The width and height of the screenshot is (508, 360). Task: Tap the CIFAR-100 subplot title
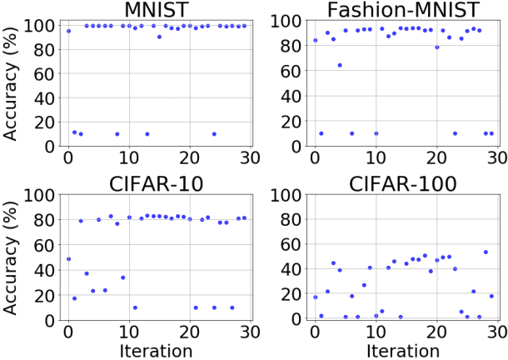point(403,185)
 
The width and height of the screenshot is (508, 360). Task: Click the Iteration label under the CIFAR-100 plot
point(403,349)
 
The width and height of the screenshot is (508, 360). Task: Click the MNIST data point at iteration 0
point(68,31)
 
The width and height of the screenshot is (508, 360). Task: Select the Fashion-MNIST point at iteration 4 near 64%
point(339,65)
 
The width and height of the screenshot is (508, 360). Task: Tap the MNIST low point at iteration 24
point(214,133)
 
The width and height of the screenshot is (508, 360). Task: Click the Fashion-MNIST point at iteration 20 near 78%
point(436,47)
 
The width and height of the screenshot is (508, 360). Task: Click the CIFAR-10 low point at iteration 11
point(135,307)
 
